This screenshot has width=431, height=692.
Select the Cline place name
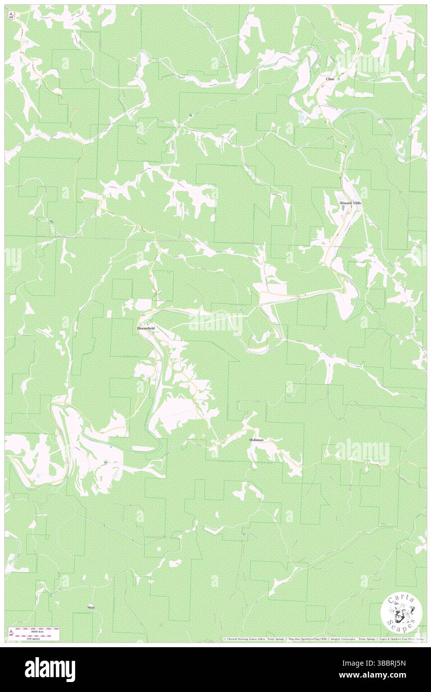click(330, 79)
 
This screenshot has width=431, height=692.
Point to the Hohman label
click(256, 440)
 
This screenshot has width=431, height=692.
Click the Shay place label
click(91, 608)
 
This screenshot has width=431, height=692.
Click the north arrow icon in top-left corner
click(11, 15)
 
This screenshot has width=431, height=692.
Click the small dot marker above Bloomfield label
click(146, 324)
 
